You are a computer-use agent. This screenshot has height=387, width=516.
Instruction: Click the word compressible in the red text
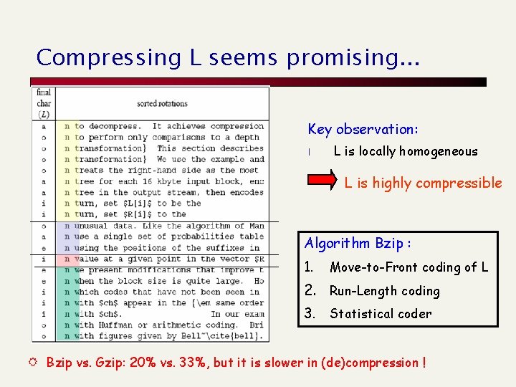tap(459, 183)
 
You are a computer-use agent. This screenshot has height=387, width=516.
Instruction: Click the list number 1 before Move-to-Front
tap(309, 267)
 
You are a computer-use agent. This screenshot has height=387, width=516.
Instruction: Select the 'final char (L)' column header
tap(44, 103)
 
